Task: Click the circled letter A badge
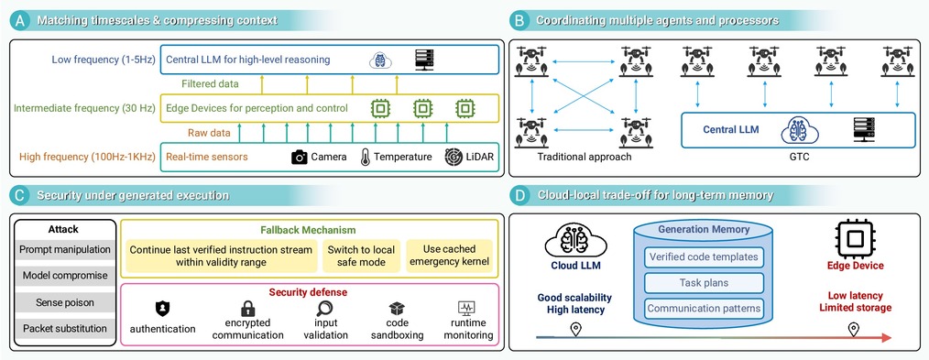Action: tap(20, 20)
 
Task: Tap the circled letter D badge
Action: tap(519, 195)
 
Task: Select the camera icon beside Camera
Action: tap(300, 157)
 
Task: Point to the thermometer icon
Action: tap(366, 157)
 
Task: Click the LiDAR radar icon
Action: tap(454, 157)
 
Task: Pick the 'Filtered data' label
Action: tap(211, 84)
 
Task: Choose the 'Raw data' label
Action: tap(209, 133)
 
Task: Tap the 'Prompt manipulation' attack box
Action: tap(64, 249)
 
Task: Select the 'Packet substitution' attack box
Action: tap(64, 328)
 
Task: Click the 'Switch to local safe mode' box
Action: tap(361, 256)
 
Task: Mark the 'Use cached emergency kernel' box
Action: tap(449, 256)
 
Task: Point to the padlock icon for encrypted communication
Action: tap(247, 309)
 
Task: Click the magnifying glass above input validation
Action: tap(324, 308)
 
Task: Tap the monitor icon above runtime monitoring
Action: tap(467, 308)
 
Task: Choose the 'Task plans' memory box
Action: tap(704, 282)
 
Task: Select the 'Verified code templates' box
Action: tap(704, 257)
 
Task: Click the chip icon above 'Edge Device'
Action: tap(854, 238)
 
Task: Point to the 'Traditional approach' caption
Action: tap(585, 157)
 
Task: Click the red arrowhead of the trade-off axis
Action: tap(886, 337)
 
